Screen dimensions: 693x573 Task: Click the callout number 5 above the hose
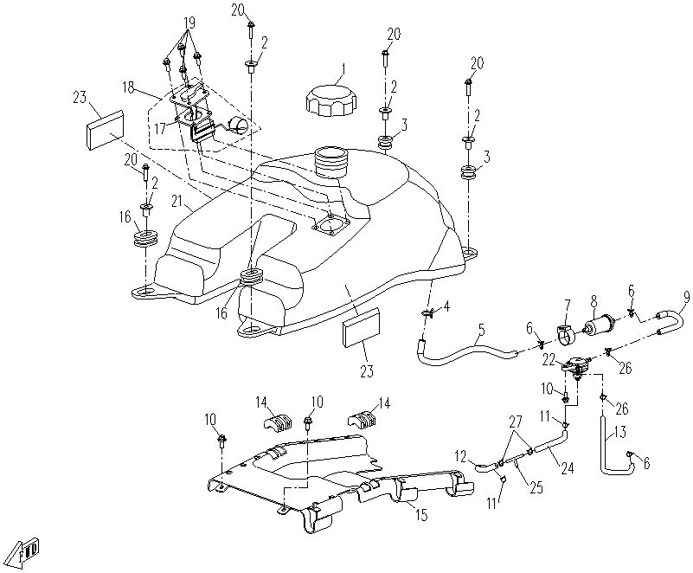[481, 329]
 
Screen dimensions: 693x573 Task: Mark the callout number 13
[620, 433]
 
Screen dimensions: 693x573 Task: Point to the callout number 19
[189, 23]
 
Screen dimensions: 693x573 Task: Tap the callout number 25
[536, 487]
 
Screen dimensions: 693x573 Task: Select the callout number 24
[567, 467]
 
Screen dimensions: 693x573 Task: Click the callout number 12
[461, 454]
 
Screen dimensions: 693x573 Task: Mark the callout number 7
[567, 305]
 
